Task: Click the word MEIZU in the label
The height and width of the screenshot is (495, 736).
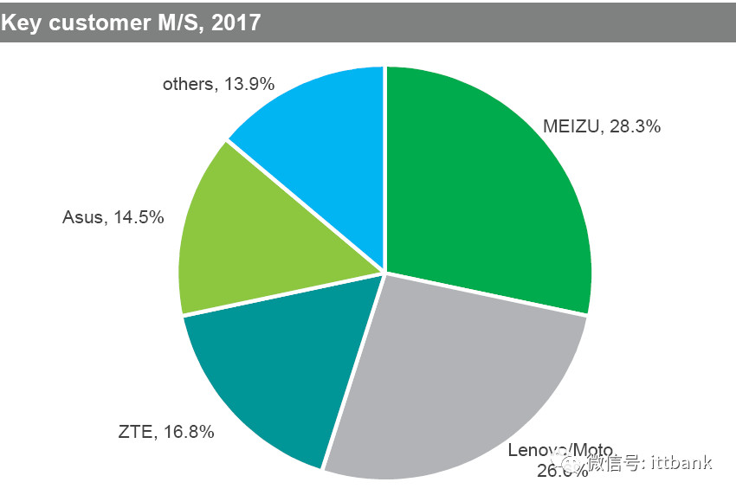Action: (571, 126)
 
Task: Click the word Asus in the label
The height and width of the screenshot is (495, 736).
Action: (82, 217)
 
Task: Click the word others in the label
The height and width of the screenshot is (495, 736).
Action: (187, 84)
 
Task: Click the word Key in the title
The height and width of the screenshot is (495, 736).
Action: (19, 22)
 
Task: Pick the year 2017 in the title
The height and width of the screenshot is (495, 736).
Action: (236, 22)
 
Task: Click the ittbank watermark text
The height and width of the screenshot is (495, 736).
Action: (681, 462)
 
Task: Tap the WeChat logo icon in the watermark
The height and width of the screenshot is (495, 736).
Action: (572, 462)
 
